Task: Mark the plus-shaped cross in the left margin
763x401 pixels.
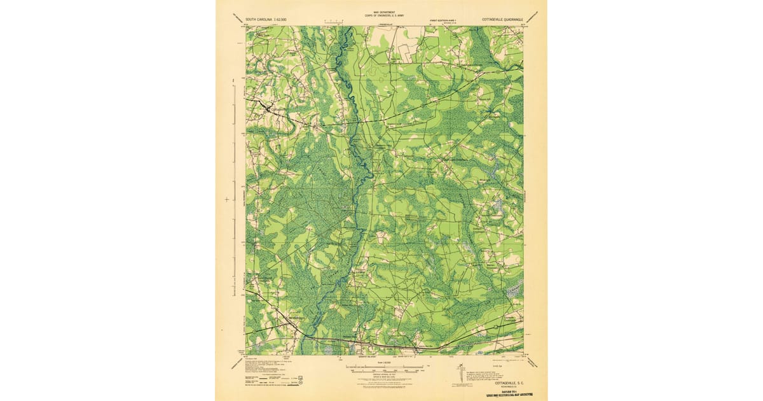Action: point(227,200)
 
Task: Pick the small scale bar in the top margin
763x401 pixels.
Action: point(333,22)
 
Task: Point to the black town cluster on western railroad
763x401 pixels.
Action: point(267,108)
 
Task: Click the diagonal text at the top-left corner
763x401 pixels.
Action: point(238,17)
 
